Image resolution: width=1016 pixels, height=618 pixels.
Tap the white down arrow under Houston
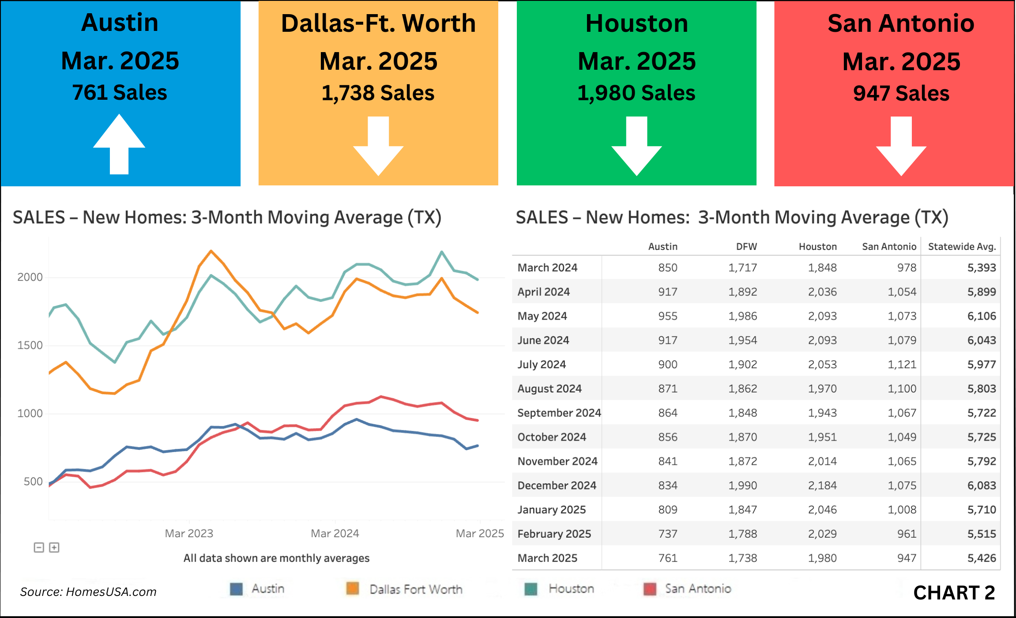coord(636,146)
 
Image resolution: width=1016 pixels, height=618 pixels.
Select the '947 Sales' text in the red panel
coord(901,93)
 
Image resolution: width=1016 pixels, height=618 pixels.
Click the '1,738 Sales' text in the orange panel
coord(378,93)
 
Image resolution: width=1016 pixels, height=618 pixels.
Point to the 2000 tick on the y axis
coord(30,277)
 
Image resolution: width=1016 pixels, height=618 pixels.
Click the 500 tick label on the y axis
coord(33,482)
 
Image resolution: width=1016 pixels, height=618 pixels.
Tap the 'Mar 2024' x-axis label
coord(335,533)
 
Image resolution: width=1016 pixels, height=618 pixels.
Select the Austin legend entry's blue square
coord(237,589)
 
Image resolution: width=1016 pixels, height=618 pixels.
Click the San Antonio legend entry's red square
coord(650,589)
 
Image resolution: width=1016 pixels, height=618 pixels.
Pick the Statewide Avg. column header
coord(962,247)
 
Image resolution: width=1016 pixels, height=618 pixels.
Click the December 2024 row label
coord(557,486)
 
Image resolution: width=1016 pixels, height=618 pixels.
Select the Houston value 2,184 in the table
coord(822,486)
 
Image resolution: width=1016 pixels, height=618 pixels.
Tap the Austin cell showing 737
coord(668,534)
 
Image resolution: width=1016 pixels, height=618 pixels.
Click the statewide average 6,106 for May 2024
coord(982,316)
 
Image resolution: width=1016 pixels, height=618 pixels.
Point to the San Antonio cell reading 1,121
coord(902,365)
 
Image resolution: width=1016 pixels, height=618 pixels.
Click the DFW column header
coord(746,247)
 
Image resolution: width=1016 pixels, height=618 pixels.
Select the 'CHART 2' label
coord(954,593)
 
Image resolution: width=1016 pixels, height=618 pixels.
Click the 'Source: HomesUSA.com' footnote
coord(88,592)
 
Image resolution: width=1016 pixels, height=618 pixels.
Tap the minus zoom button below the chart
coord(39,548)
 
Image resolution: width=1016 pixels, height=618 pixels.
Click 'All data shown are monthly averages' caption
coord(276,558)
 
